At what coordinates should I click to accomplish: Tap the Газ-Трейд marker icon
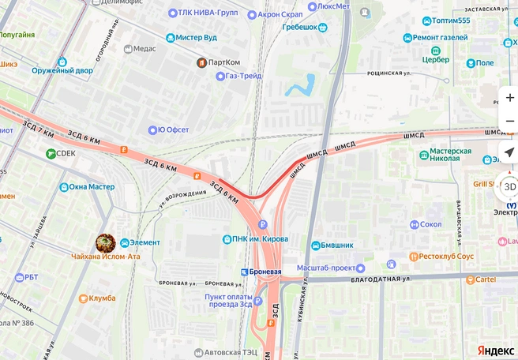pyautogui.click(x=220, y=77)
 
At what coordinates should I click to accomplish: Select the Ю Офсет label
pyautogui.click(x=173, y=129)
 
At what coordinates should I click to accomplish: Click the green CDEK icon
pyautogui.click(x=51, y=153)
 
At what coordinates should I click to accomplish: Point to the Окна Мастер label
pyautogui.click(x=92, y=187)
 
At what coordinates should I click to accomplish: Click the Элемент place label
pyautogui.click(x=145, y=242)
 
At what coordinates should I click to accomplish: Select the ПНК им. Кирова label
pyautogui.click(x=260, y=239)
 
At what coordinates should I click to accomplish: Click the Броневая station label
pyautogui.click(x=266, y=272)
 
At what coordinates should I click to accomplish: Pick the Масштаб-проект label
pyautogui.click(x=328, y=268)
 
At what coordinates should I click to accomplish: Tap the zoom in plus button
pyautogui.click(x=509, y=98)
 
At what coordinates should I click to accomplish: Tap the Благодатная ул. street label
pyautogui.click(x=385, y=279)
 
